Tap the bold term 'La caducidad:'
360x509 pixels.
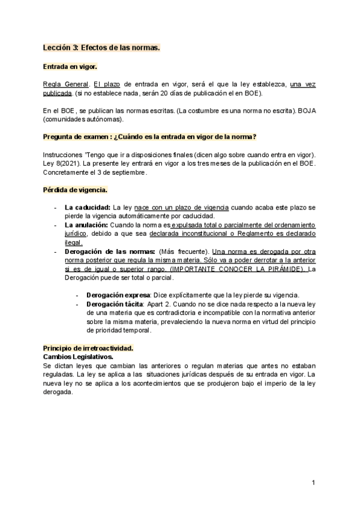[x=86, y=208]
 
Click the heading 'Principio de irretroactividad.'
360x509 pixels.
[x=88, y=348]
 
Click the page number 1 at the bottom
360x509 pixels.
[x=314, y=483]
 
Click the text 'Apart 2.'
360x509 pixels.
[x=161, y=304]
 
